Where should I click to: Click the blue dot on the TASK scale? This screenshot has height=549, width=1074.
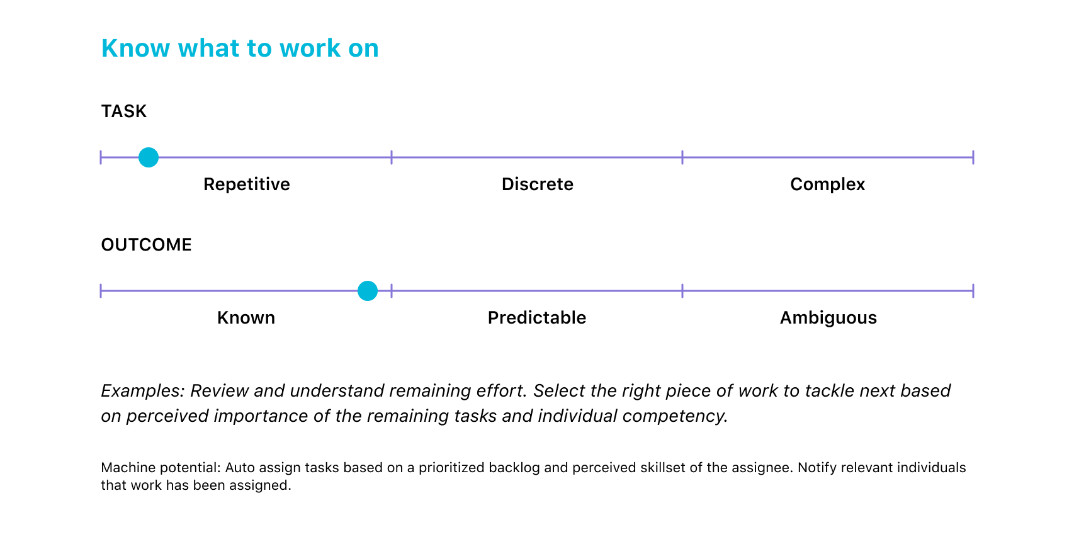point(149,157)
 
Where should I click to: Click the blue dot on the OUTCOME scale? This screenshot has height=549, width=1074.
point(368,291)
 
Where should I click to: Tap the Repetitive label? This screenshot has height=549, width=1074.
point(246,184)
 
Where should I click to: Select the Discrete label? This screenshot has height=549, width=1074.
point(538,184)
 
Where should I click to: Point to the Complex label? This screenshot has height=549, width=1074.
point(828,184)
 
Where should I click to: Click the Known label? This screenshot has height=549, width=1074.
point(246,318)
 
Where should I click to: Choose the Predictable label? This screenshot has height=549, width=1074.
point(537,318)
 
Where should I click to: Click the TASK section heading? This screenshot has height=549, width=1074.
point(123,111)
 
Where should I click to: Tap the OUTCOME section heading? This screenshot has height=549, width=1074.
point(146,244)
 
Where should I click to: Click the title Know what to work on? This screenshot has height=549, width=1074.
point(240,48)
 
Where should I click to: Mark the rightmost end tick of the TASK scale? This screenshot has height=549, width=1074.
point(973,157)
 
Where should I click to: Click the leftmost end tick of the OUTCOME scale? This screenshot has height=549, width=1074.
point(101,291)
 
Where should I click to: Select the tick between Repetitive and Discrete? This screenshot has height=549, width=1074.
point(392,157)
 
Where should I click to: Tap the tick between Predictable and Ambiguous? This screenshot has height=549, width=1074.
point(682,291)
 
